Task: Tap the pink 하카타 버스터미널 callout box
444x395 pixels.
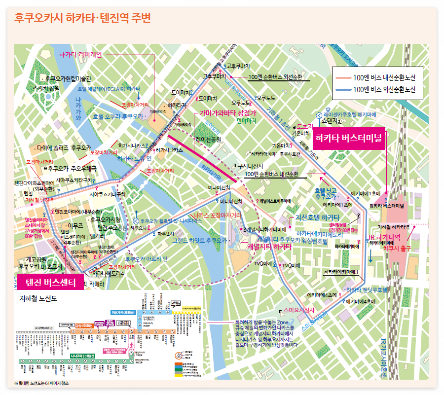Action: [x=349, y=139]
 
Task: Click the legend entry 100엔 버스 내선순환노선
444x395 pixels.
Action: [x=384, y=78]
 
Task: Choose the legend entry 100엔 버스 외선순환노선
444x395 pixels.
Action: [x=384, y=90]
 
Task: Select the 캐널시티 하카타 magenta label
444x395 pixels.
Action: [x=269, y=246]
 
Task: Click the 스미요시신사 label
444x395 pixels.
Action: [x=299, y=310]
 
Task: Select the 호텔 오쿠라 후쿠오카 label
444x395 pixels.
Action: [x=117, y=117]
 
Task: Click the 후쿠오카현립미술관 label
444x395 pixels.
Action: [x=68, y=78]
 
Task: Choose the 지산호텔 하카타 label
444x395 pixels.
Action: [x=317, y=217]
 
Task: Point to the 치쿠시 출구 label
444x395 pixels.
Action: [x=397, y=249]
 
